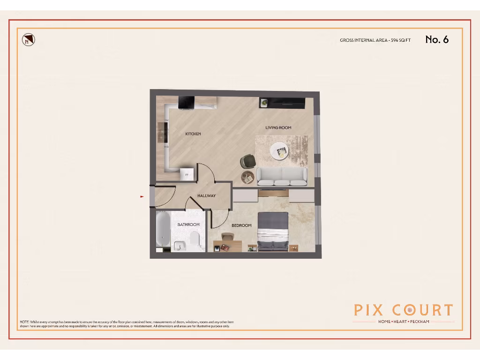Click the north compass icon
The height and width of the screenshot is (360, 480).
(29, 40)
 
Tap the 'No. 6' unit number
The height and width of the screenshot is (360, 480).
(437, 39)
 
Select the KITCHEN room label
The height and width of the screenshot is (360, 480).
(193, 134)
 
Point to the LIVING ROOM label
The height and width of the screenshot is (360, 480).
(278, 127)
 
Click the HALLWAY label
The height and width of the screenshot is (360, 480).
(206, 196)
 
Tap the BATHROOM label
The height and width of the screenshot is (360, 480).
(188, 225)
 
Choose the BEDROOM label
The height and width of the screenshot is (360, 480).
(241, 225)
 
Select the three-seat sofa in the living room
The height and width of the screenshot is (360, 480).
(282, 177)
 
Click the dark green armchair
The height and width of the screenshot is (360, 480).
(247, 161)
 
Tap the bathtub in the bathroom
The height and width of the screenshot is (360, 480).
(163, 231)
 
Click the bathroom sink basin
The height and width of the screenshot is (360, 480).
(179, 246)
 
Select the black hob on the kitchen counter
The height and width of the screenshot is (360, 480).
(186, 103)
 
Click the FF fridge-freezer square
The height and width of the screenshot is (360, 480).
(187, 173)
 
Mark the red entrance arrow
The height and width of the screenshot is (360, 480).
(142, 197)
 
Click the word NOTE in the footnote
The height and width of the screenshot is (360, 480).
(24, 322)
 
